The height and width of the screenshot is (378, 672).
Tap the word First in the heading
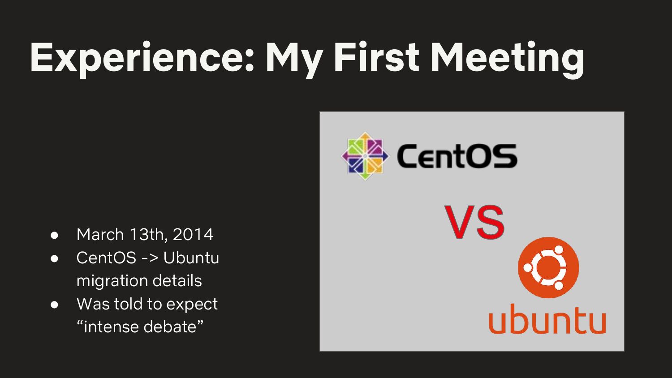click(x=376, y=57)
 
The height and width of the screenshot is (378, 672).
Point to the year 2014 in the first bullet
click(x=193, y=234)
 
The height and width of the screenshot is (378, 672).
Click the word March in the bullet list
click(x=100, y=234)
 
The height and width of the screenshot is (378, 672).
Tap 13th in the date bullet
click(x=147, y=235)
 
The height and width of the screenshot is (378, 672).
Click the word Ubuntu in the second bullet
click(x=191, y=258)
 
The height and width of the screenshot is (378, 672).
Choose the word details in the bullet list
click(x=177, y=281)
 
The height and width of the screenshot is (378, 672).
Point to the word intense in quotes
click(x=111, y=326)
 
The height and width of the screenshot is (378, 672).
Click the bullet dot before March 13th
click(x=54, y=235)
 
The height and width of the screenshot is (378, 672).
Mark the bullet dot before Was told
click(x=54, y=305)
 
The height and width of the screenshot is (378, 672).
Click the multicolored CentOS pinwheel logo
click(x=365, y=156)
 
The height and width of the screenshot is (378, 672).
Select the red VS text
click(x=474, y=222)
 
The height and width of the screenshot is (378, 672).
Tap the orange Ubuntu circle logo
click(x=548, y=267)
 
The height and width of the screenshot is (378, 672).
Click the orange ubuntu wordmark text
click(x=547, y=318)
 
